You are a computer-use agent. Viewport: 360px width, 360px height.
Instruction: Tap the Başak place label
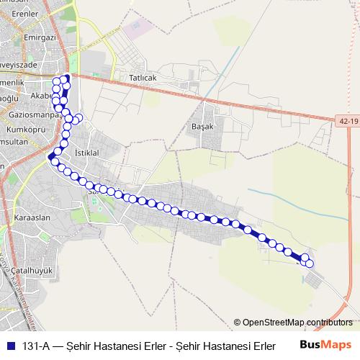(x=204, y=123)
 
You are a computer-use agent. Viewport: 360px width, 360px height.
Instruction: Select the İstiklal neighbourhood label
(x=86, y=153)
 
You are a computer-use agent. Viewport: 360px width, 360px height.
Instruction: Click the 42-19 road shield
(x=346, y=121)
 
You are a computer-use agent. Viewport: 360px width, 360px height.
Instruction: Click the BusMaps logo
(x=325, y=344)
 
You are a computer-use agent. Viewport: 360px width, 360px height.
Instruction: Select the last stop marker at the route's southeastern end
(x=310, y=264)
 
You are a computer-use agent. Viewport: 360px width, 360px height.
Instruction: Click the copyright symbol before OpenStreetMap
(x=237, y=323)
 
